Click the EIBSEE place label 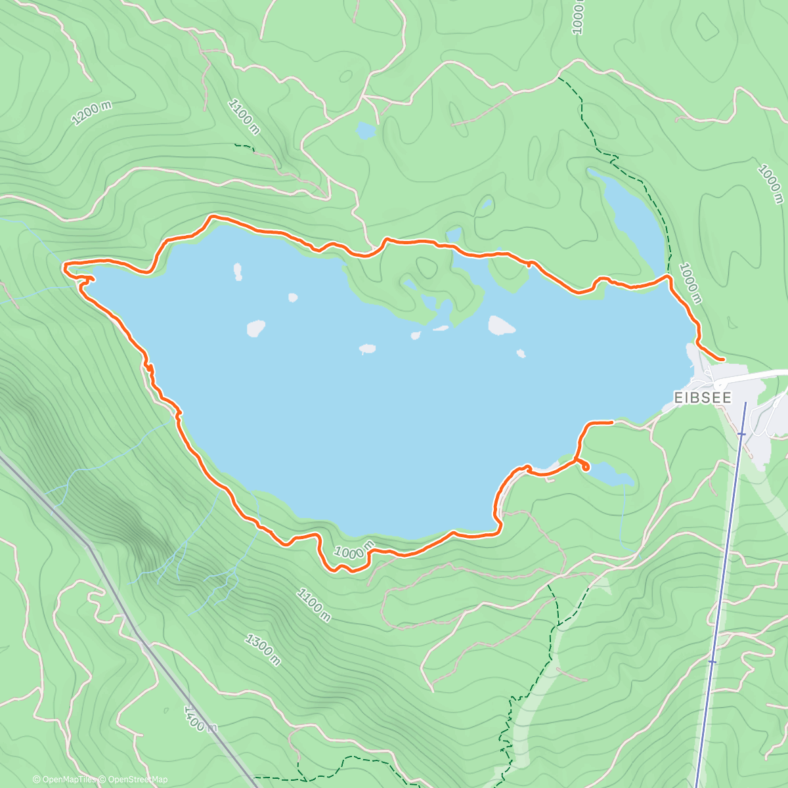tap(702, 397)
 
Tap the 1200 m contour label tap(91, 113)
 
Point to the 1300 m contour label tap(263, 649)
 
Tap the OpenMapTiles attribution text tap(66, 779)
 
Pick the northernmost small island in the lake tap(238, 271)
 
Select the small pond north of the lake tap(365, 131)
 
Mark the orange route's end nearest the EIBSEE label tap(722, 360)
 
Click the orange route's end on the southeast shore tap(611, 422)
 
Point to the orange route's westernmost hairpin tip tap(64, 265)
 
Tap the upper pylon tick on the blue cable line tap(741, 433)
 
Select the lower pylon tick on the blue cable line tap(712, 662)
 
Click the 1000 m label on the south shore tap(353, 550)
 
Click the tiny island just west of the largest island tap(441, 328)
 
